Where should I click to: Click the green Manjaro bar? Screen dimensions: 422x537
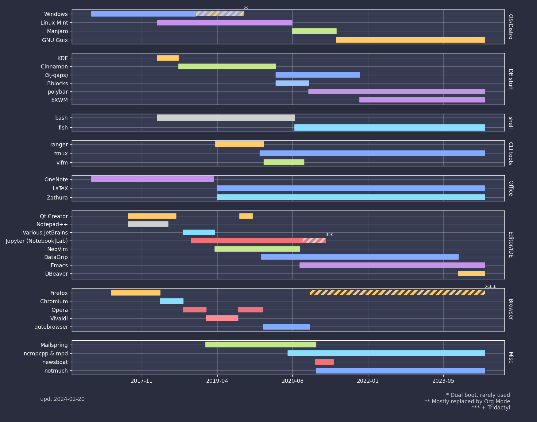coord(314,31)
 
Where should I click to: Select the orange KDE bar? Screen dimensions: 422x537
coord(168,58)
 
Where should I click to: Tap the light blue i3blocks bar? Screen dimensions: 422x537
coord(292,83)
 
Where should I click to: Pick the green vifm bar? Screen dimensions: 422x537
coord(284,162)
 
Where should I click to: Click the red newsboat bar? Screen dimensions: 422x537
coord(324,362)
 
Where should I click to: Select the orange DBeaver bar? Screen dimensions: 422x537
coord(471,273)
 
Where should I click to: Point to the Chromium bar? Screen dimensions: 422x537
coord(172,301)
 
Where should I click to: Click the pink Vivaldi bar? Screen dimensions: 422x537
coord(222,318)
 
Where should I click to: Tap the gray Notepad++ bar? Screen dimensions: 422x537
coord(148,224)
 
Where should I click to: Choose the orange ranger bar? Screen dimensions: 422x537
coord(239,144)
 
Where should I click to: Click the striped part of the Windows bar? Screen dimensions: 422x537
coord(220,14)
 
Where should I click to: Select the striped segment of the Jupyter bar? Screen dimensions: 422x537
coord(314,241)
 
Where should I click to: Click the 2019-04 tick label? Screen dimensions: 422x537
coord(217,381)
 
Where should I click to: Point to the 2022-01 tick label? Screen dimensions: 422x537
coord(368,381)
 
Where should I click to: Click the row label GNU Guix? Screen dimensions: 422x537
coord(55,40)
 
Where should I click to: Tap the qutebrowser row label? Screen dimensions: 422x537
coord(51,327)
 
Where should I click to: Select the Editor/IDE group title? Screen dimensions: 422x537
coord(511,245)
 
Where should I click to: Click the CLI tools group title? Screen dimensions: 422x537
coord(511,153)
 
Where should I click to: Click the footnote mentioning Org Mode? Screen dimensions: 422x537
coord(467,401)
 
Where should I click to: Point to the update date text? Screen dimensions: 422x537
coord(62,399)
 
